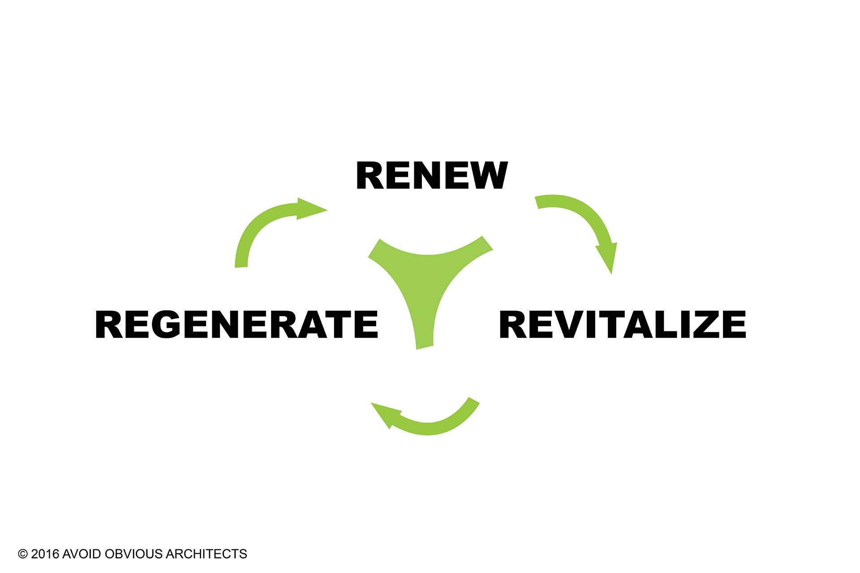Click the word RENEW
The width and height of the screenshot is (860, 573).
click(x=431, y=176)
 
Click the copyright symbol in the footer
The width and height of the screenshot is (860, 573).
click(x=22, y=554)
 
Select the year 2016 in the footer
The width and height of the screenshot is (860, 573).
click(x=45, y=554)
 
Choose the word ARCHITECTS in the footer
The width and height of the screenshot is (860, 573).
click(x=206, y=554)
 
